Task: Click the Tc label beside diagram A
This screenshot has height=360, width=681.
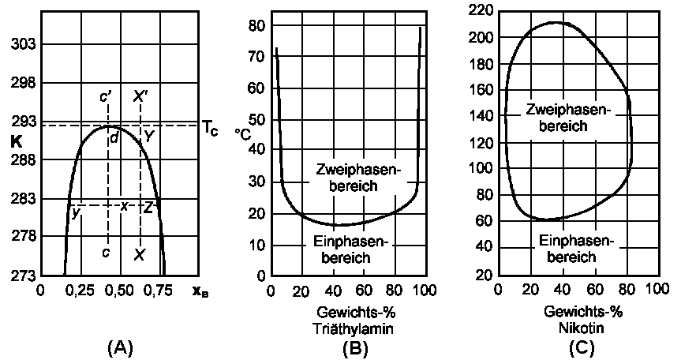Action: [210, 128]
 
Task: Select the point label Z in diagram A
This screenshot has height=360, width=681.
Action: [148, 208]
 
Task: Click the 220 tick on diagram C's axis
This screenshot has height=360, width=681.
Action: [481, 11]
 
